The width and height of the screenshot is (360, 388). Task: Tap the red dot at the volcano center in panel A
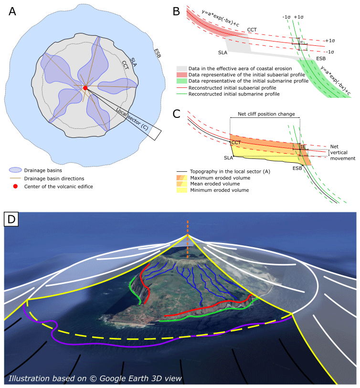pyautogui.click(x=85, y=88)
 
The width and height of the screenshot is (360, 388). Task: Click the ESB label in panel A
pyautogui.click(x=157, y=53)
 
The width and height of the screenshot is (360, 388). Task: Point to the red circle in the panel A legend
pyautogui.click(x=15, y=186)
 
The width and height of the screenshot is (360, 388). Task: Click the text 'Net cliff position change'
pyautogui.click(x=265, y=115)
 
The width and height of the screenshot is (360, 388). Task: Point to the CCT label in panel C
pyautogui.click(x=235, y=143)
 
